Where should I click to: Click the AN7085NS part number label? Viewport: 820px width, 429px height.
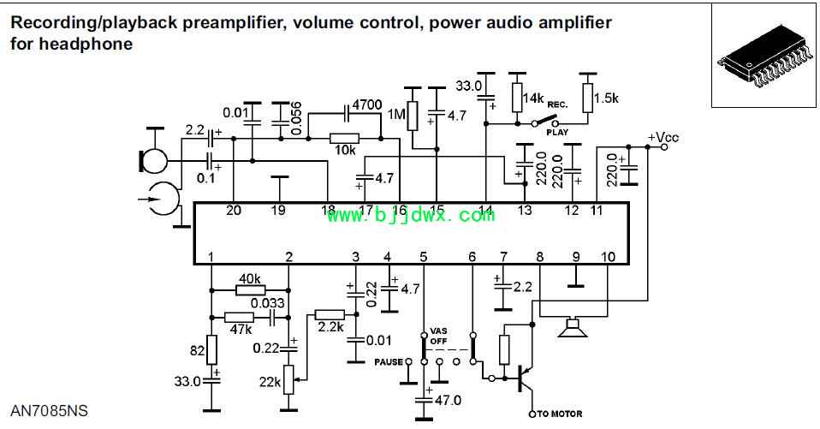coord(50,411)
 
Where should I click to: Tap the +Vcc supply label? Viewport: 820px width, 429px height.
coord(663,138)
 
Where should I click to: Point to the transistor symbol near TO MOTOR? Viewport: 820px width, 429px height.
coord(524,376)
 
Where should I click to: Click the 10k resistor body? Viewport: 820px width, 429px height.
coord(345,139)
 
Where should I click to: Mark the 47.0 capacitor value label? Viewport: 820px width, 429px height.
coord(448,400)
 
